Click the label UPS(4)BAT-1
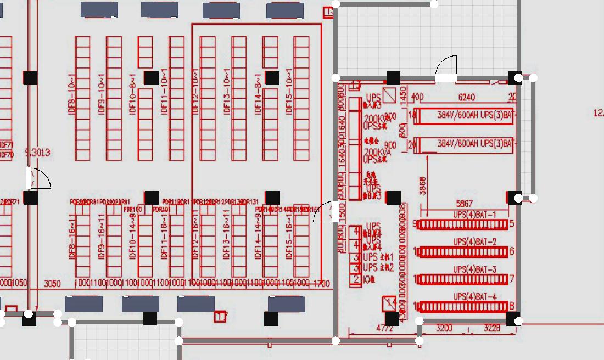point(474,215)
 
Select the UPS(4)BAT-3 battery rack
point(463,280)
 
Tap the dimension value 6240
point(466,98)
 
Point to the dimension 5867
point(464,204)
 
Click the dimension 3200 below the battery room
point(444,329)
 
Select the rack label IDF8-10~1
point(71,96)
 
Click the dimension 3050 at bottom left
point(52,283)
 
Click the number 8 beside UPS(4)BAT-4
point(512,306)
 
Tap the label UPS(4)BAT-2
point(474,242)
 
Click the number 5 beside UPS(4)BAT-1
point(512,224)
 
